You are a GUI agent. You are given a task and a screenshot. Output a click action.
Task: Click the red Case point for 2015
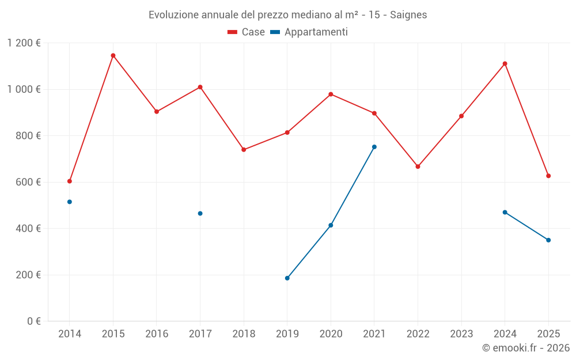point(113,55)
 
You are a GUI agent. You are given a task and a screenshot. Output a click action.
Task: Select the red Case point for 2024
point(505,63)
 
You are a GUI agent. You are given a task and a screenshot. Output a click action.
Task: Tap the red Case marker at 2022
point(418,166)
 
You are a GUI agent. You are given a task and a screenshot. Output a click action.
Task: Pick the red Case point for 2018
point(244,149)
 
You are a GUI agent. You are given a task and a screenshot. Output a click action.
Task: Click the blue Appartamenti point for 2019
point(287,278)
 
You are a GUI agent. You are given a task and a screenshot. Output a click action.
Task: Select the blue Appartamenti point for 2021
point(374,147)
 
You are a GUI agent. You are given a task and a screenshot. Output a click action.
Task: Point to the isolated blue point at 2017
point(200,213)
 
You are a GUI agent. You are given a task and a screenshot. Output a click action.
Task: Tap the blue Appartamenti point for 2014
point(70,202)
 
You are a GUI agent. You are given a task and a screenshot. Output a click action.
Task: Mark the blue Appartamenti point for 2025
point(548,240)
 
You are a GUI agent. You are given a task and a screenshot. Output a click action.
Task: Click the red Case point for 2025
point(548,176)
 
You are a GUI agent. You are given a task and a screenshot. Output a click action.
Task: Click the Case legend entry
point(247,32)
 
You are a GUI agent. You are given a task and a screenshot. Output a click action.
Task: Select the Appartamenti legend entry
point(309,32)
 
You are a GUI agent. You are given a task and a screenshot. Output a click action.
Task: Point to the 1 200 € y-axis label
point(24,43)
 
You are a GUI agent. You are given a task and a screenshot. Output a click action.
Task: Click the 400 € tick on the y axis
point(29,229)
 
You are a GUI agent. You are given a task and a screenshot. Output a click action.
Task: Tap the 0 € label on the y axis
point(33,321)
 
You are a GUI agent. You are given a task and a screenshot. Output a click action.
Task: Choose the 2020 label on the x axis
point(331,334)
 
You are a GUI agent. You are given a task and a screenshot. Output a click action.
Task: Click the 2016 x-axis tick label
point(157,334)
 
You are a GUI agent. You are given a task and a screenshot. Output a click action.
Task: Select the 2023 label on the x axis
point(461,334)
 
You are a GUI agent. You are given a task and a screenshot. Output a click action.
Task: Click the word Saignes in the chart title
point(408,15)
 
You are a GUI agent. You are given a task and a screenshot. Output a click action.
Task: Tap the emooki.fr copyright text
point(526,348)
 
